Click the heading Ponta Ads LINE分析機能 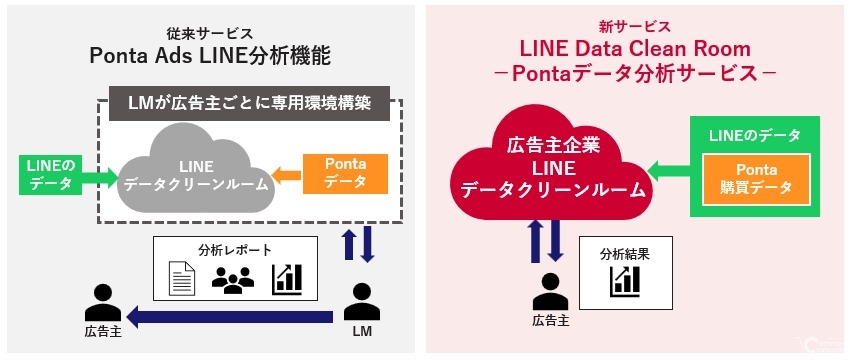click(211, 56)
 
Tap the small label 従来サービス click(210, 32)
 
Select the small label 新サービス click(635, 26)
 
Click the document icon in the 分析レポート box click(180, 275)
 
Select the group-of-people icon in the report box click(234, 277)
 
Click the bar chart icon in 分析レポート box click(288, 275)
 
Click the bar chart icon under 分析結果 click(624, 281)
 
